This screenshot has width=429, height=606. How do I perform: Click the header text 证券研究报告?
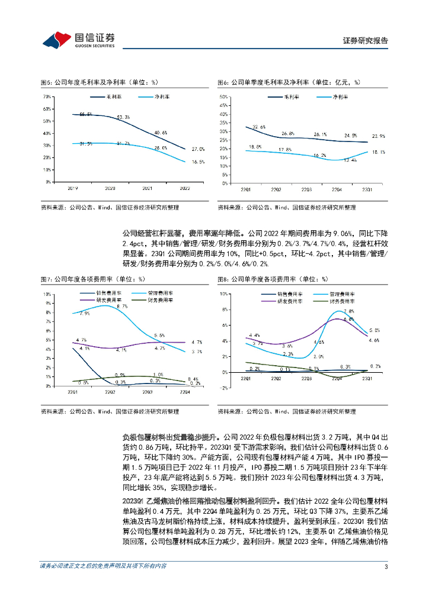point(366,41)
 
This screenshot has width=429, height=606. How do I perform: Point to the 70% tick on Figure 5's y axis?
point(46,96)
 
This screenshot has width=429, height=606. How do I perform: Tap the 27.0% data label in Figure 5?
point(198,149)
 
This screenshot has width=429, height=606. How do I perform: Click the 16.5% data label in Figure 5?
point(198,162)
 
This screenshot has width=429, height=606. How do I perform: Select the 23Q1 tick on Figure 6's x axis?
point(367,189)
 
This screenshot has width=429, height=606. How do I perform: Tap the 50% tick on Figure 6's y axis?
point(224,96)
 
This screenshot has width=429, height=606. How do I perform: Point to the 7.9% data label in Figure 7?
point(84,314)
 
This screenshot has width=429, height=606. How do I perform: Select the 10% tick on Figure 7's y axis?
point(46,294)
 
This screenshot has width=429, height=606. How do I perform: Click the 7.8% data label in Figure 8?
point(349,311)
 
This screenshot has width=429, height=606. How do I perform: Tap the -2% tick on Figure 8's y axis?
point(225,388)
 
